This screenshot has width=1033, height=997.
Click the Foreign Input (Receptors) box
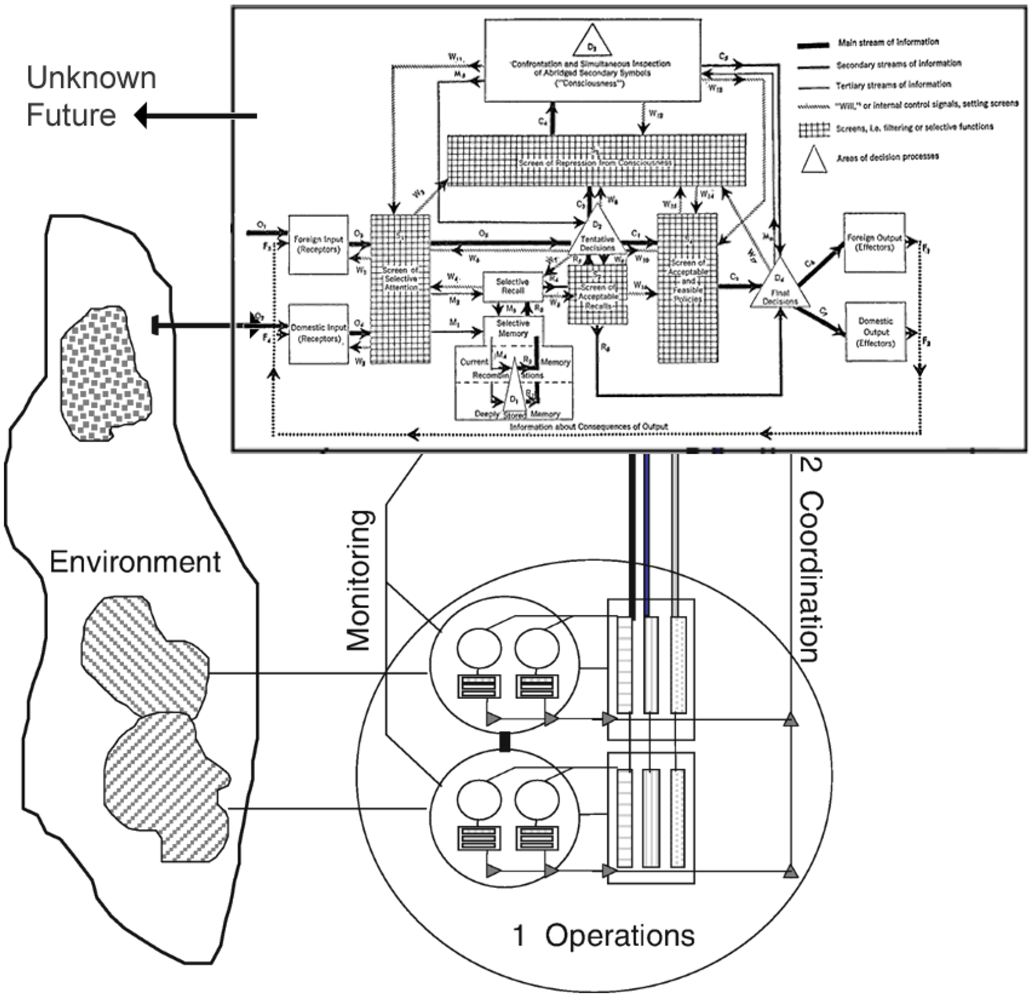coord(318,244)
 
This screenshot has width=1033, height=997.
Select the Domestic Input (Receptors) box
coord(318,334)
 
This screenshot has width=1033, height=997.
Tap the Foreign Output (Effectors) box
coord(874,242)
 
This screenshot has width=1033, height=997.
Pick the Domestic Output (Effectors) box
coord(875,332)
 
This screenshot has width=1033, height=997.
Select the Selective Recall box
coord(512,286)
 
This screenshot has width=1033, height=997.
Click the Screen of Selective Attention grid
coord(400,289)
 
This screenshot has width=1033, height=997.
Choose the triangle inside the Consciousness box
coord(592,43)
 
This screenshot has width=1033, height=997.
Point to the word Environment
coord(135,562)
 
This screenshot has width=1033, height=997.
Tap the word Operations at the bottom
coord(619,936)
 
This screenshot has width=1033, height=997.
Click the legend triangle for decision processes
coord(814,160)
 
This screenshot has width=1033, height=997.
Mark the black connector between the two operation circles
coord(505,742)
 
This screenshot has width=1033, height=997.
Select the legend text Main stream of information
coord(888,42)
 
